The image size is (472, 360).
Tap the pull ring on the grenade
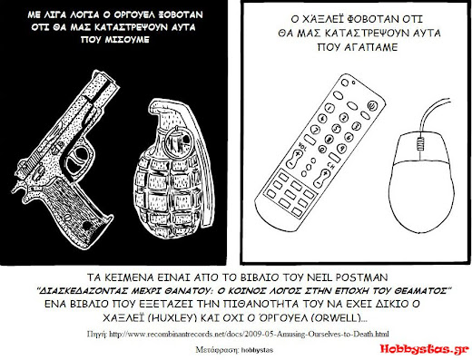click(x=178, y=140)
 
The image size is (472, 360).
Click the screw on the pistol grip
click(x=87, y=226)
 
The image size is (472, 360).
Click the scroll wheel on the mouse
click(x=419, y=143)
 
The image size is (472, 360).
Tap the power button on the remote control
click(x=371, y=105)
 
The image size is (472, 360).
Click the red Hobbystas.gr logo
click(x=424, y=348)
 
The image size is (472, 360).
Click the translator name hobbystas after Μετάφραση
click(x=257, y=350)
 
